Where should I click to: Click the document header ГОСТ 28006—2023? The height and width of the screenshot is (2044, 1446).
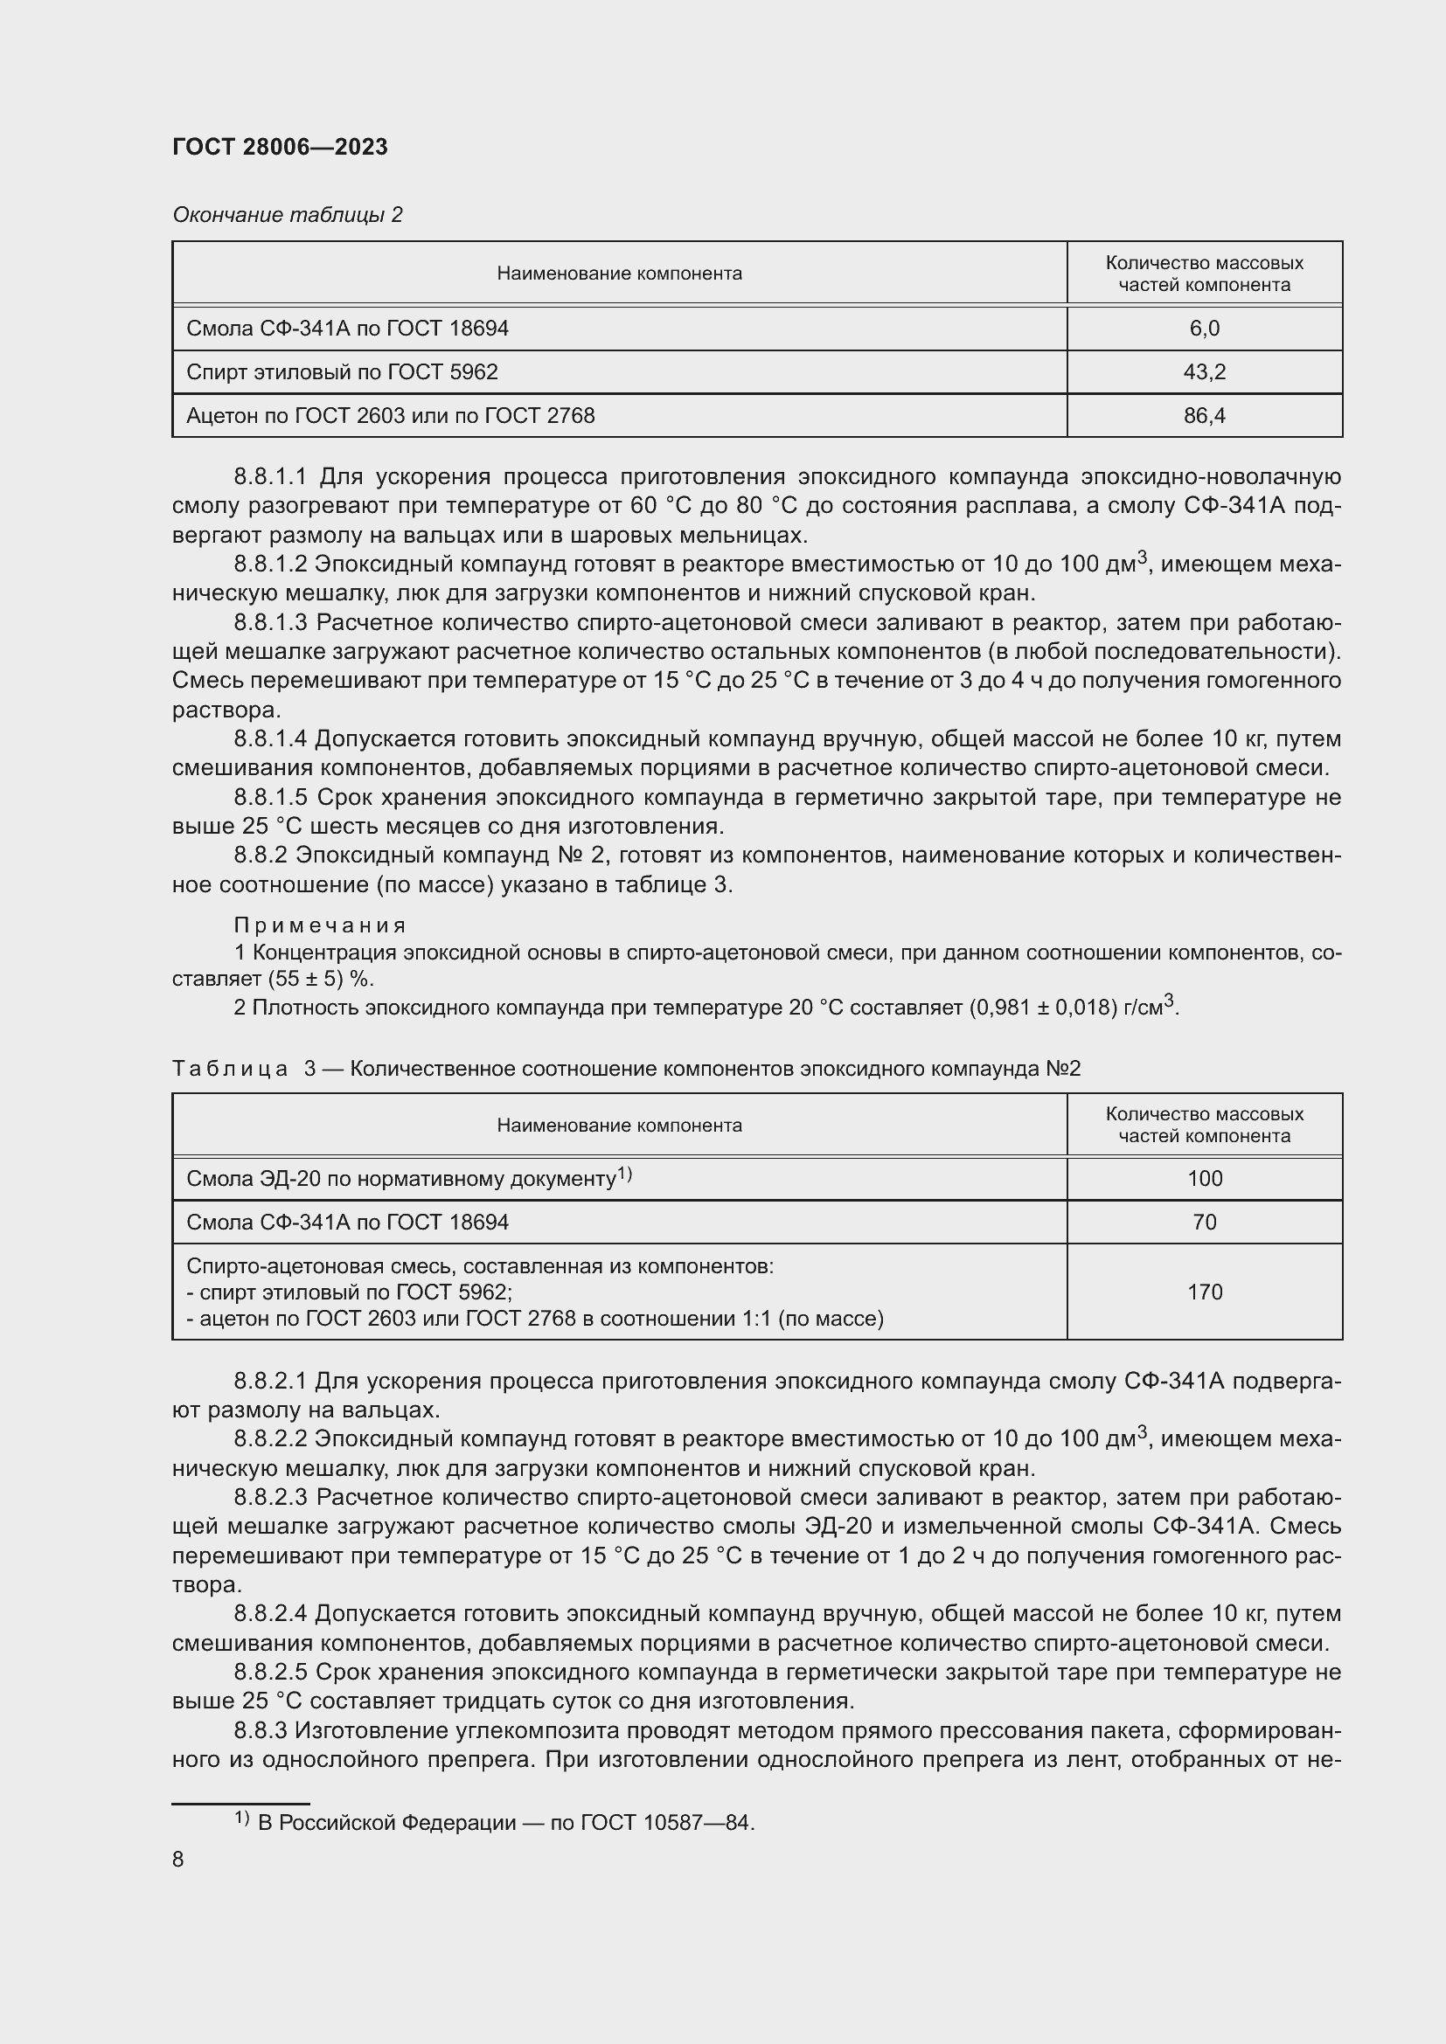pyautogui.click(x=280, y=147)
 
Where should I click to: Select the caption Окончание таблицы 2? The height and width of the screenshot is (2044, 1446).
pyautogui.click(x=287, y=215)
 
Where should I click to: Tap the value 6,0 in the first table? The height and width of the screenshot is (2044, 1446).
pyautogui.click(x=1204, y=329)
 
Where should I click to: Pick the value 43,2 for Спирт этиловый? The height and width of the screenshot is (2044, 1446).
pyautogui.click(x=1204, y=372)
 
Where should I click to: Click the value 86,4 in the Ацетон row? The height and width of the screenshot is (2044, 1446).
pyautogui.click(x=1204, y=416)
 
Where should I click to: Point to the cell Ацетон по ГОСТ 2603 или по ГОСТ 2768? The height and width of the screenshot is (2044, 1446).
pyautogui.click(x=390, y=416)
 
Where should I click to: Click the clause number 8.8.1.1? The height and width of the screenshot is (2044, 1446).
pyautogui.click(x=270, y=477)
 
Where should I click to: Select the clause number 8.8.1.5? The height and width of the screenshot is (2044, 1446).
pyautogui.click(x=270, y=797)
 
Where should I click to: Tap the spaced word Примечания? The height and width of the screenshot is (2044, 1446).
pyautogui.click(x=320, y=925)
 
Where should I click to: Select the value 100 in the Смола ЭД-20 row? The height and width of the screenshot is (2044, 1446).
pyautogui.click(x=1204, y=1179)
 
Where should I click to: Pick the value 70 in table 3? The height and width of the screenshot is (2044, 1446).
pyautogui.click(x=1204, y=1223)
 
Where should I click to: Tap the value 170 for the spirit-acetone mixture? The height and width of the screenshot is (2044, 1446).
pyautogui.click(x=1204, y=1292)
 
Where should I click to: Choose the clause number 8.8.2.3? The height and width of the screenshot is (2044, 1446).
pyautogui.click(x=270, y=1498)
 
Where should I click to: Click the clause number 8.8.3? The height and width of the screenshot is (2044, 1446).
pyautogui.click(x=260, y=1730)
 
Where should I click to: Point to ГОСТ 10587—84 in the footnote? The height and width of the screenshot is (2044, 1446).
pyautogui.click(x=666, y=1823)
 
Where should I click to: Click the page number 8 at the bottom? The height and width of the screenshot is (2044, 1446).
pyautogui.click(x=178, y=1859)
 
